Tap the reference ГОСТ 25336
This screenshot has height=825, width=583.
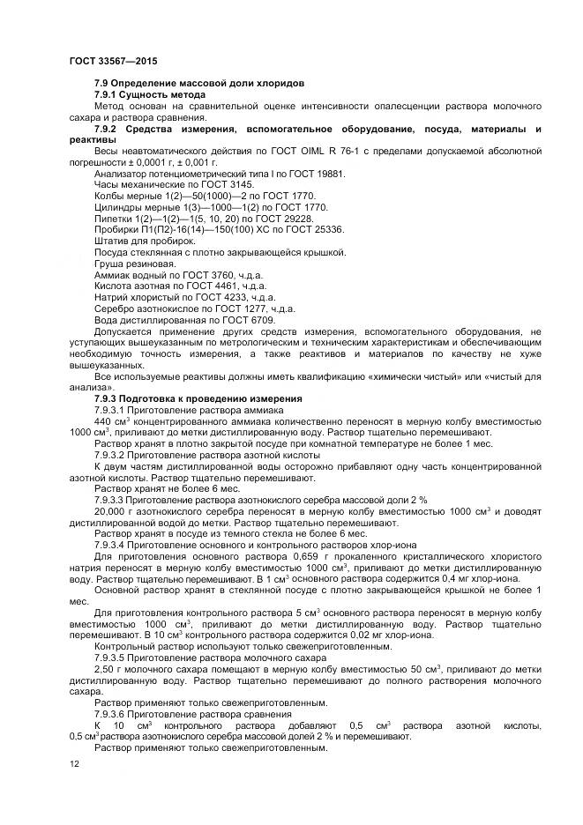point(316,229)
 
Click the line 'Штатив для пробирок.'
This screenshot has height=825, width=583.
point(144,241)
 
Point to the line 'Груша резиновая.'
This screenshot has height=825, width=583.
point(134,264)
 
